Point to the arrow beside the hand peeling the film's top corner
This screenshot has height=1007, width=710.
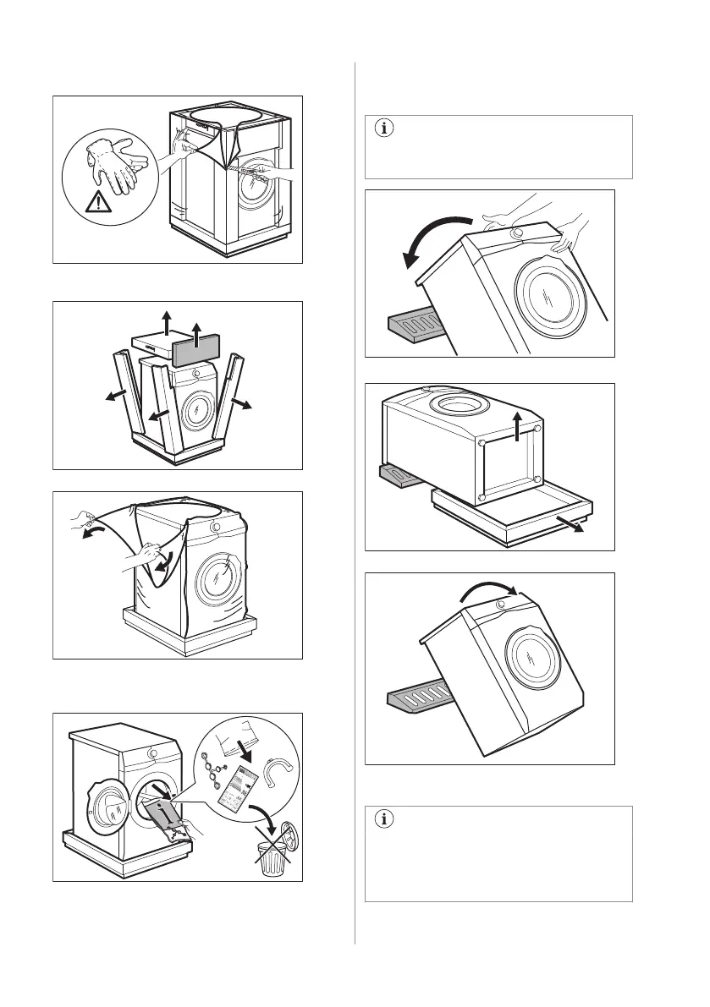click(x=85, y=533)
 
